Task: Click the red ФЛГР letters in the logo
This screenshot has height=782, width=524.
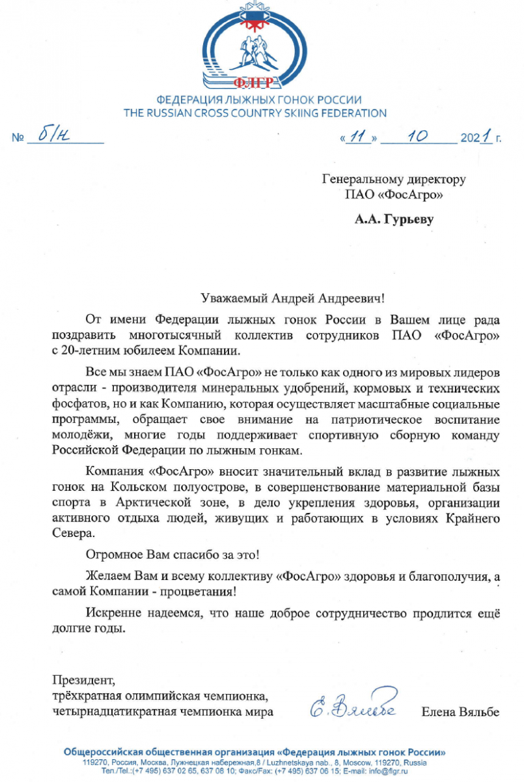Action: point(259,82)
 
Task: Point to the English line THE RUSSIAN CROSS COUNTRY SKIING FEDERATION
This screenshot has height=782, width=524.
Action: point(255,113)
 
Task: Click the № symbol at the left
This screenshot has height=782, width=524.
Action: point(19,138)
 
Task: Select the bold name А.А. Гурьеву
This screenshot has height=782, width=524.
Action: point(394,220)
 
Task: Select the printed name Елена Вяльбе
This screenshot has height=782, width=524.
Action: point(460,712)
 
